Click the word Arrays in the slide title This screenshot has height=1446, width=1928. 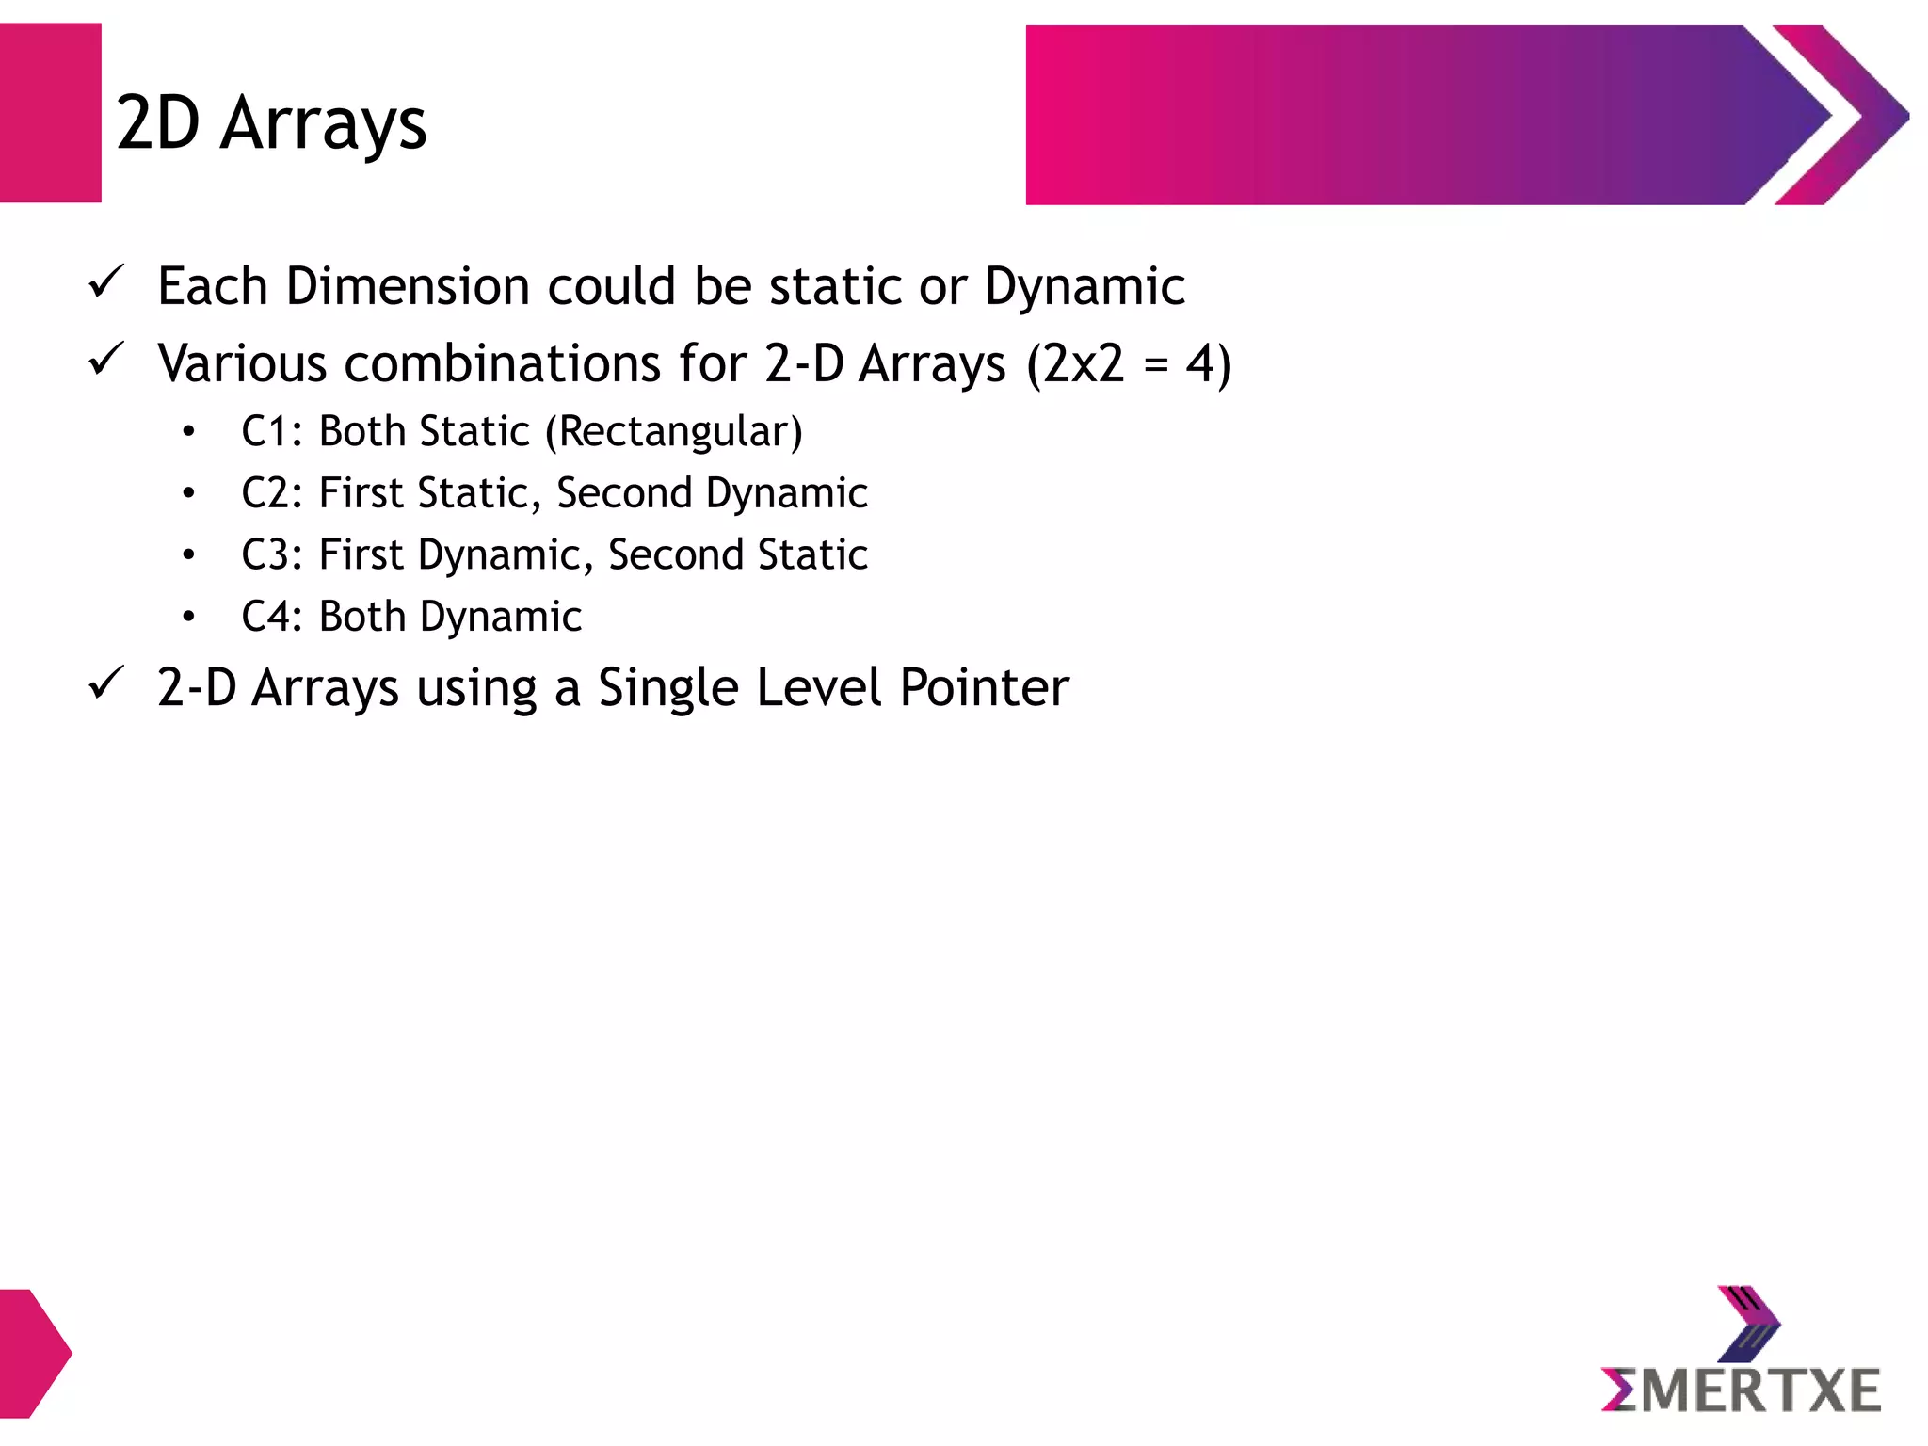click(x=323, y=125)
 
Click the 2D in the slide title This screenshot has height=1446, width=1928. click(x=157, y=123)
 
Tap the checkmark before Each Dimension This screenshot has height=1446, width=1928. click(x=105, y=282)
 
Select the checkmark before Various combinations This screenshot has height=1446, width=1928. click(x=105, y=360)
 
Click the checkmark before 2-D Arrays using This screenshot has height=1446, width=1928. click(x=105, y=683)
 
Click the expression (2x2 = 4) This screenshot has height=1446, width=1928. click(x=1128, y=364)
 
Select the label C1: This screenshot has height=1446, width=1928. click(x=271, y=432)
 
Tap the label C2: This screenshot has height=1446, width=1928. click(x=271, y=493)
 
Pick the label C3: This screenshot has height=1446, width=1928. click(x=271, y=554)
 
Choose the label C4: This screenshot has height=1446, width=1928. click(x=271, y=617)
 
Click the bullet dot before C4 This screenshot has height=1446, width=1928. click(x=188, y=617)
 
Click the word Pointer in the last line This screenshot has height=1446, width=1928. click(x=984, y=687)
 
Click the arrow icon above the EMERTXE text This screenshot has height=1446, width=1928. click(x=1748, y=1324)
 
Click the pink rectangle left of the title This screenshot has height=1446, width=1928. click(x=50, y=113)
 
